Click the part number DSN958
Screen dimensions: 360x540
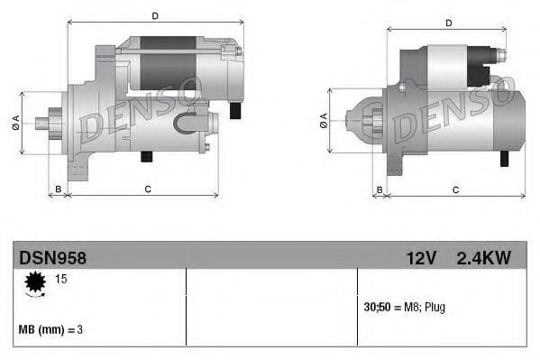coord(52,258)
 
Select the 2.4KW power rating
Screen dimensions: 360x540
coord(484,258)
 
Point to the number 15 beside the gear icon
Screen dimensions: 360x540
coord(62,280)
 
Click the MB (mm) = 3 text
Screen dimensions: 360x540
coord(51,329)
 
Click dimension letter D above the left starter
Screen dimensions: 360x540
coord(155,16)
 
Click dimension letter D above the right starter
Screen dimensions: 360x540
coord(448,23)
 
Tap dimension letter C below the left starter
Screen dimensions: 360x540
coord(146,189)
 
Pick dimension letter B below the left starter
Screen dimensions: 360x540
coord(59,189)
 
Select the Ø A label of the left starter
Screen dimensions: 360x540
coord(17,123)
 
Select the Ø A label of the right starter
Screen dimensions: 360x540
coord(324,124)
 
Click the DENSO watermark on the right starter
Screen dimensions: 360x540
coord(455,110)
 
